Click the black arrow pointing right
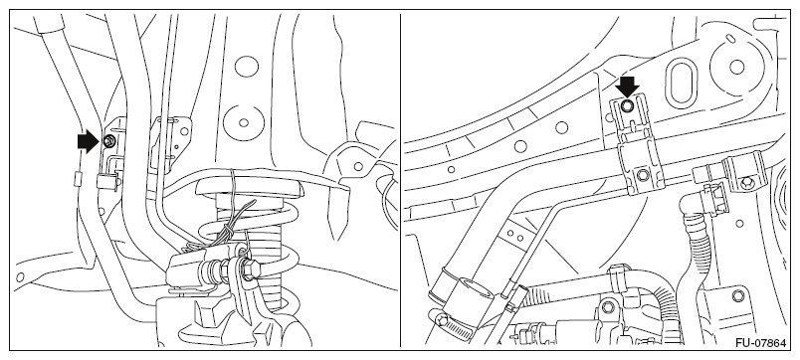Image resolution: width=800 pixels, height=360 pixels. pos(88,141)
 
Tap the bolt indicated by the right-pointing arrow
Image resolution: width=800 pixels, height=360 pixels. pos(108,141)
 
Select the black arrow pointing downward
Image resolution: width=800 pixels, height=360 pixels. pos(627,87)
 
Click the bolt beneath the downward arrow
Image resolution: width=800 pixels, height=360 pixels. pos(628,105)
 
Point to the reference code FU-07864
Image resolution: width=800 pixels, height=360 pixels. pos(761,344)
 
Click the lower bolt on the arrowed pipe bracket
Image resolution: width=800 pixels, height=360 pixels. pos(642,176)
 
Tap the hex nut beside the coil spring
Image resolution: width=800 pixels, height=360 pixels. pos(249,270)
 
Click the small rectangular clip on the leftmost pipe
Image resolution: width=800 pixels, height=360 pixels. pos(78,178)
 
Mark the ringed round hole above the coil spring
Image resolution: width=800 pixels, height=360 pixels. pos(244,122)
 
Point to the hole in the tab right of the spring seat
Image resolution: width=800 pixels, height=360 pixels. pos(358,166)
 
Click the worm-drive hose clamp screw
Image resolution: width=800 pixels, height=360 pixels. pos(443,320)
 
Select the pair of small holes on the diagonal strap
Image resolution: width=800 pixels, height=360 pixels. pos(515,236)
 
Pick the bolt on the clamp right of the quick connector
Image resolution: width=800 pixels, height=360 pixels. pos(747,182)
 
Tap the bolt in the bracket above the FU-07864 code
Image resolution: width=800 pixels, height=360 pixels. pos(737,295)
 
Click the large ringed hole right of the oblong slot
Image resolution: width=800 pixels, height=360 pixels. pos(736,67)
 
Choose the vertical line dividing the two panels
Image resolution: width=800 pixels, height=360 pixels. pos(401,180)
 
